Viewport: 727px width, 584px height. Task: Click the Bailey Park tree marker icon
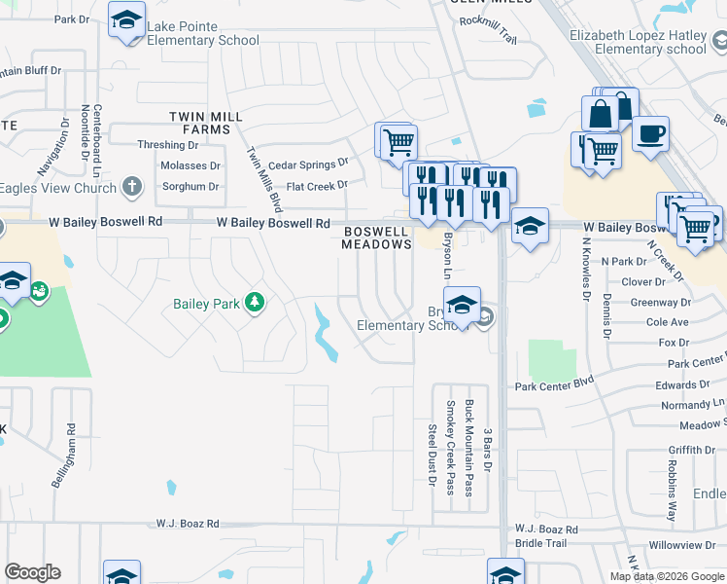[x=255, y=304]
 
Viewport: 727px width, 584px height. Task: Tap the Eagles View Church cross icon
[x=133, y=187]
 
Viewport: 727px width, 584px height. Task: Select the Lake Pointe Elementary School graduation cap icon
[x=127, y=20]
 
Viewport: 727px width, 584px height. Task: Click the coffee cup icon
[x=650, y=132]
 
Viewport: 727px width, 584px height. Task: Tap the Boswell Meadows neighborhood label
[x=376, y=237]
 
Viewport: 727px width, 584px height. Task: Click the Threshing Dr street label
[x=167, y=145]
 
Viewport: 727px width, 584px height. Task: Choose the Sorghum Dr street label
[x=190, y=186]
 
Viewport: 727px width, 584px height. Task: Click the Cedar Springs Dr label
[x=308, y=164]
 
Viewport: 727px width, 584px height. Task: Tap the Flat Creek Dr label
[x=317, y=185]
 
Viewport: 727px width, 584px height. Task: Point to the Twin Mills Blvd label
[x=263, y=179]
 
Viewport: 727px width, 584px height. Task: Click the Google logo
[x=32, y=572]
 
